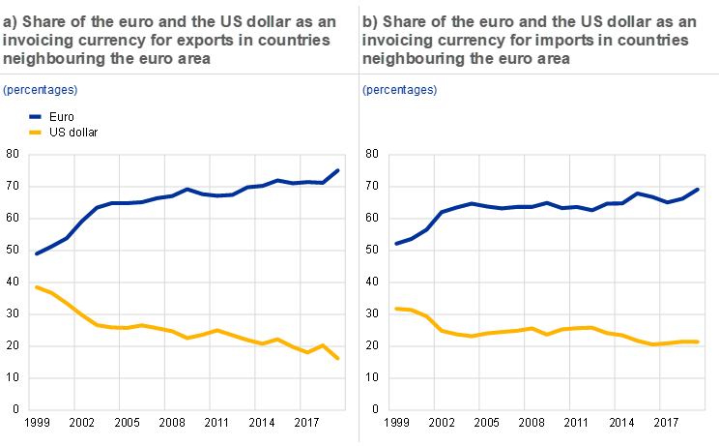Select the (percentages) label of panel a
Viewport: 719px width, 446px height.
[40, 90]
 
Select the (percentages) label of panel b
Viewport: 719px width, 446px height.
[399, 90]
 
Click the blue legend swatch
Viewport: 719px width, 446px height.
[35, 115]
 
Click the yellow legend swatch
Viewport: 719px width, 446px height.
[35, 131]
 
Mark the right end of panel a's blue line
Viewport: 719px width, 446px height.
[338, 170]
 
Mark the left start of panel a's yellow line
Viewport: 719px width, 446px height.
[36, 286]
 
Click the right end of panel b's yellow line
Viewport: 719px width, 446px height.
[698, 342]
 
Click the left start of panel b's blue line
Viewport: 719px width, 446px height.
[395, 244]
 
